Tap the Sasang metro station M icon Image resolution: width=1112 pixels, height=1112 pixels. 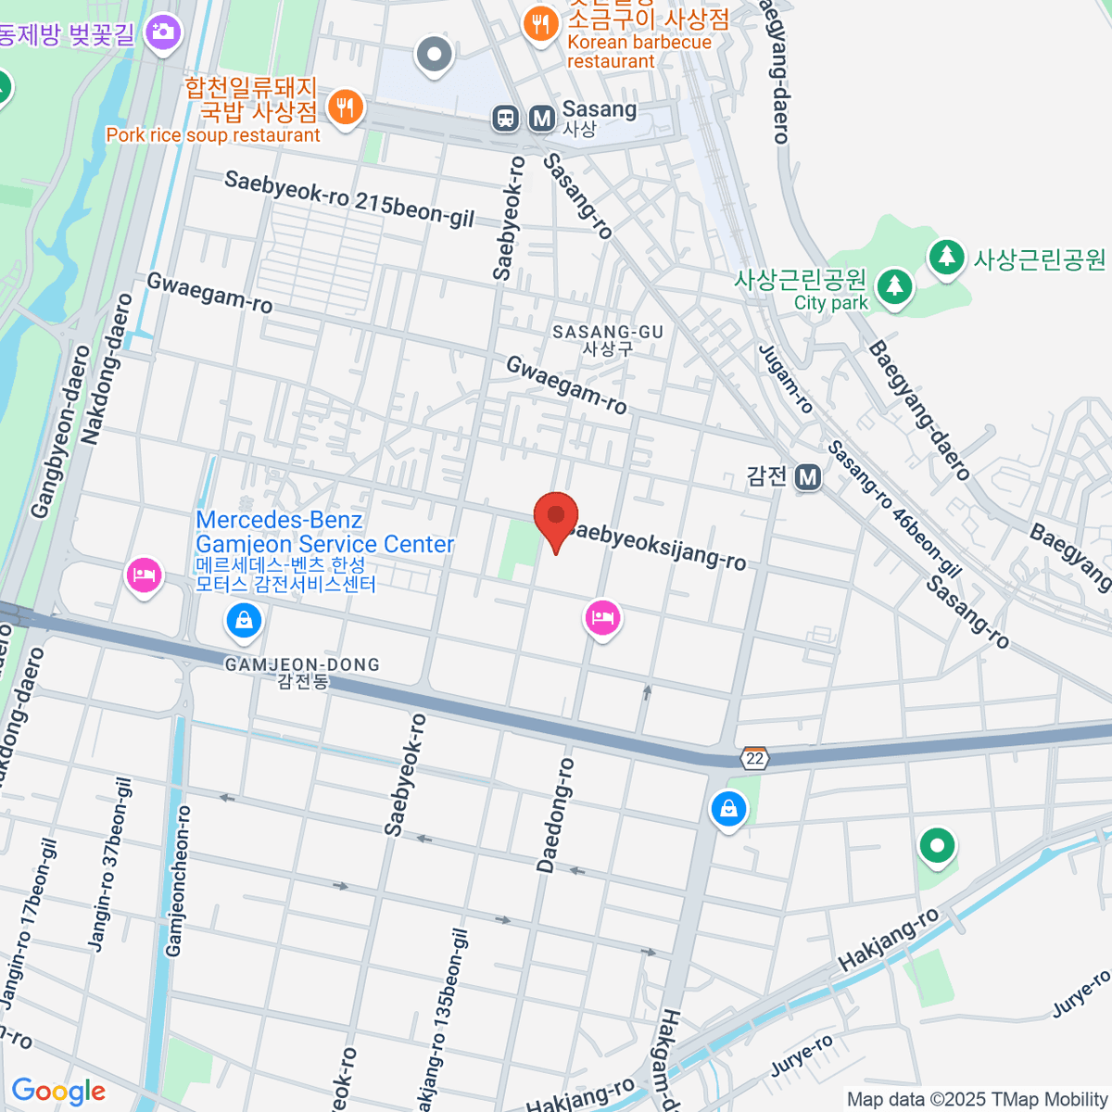coord(541,118)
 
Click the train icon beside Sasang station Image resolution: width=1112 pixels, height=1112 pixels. coord(505,118)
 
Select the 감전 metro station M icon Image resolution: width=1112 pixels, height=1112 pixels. coord(808,476)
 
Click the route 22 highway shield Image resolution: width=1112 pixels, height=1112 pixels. coord(755,758)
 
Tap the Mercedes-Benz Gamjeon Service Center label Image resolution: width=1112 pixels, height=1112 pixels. coord(324,533)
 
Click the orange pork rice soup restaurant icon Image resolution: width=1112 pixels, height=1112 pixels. coord(345,107)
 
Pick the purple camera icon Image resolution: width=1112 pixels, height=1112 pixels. coord(163,33)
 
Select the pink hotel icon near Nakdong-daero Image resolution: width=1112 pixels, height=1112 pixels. coord(144,575)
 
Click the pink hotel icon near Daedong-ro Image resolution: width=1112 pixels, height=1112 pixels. coord(602,617)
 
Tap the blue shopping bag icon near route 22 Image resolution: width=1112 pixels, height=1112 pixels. coord(728,809)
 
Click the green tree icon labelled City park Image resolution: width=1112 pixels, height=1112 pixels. coord(893,285)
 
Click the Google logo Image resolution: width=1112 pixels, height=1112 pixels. coord(58,1092)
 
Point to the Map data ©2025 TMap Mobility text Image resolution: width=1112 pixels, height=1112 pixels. coord(977,1099)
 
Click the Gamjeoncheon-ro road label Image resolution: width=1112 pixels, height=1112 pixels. coord(177,880)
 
